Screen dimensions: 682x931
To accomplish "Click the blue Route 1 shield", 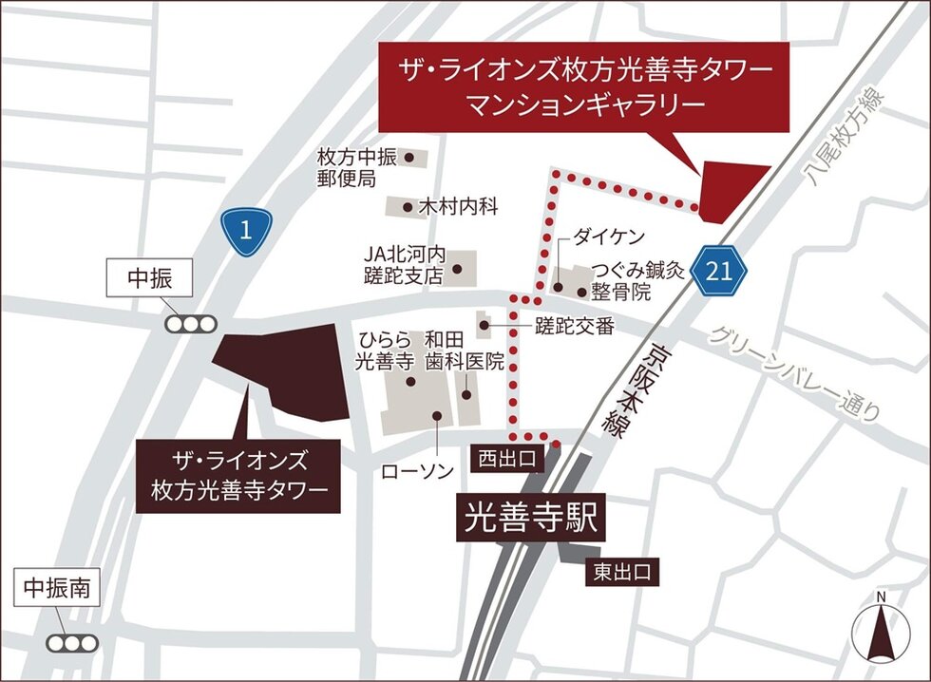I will tap(247, 231).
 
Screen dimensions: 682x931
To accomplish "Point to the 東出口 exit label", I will tap(621, 572).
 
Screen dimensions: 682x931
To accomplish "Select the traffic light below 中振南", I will tap(73, 643).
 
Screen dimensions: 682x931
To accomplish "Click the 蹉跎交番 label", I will tap(575, 327).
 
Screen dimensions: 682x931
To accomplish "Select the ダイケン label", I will tap(608, 237).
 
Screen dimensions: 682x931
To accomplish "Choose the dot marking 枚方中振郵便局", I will tap(409, 158).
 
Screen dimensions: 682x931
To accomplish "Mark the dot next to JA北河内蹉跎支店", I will tap(457, 269).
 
